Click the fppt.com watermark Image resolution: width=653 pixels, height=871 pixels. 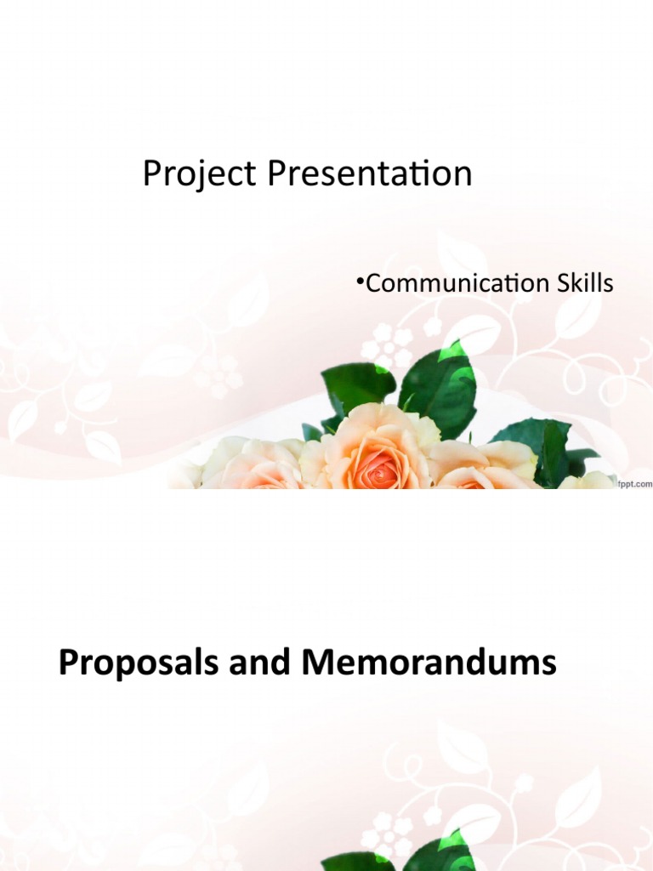point(636,483)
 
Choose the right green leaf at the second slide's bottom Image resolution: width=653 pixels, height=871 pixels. point(446,855)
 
